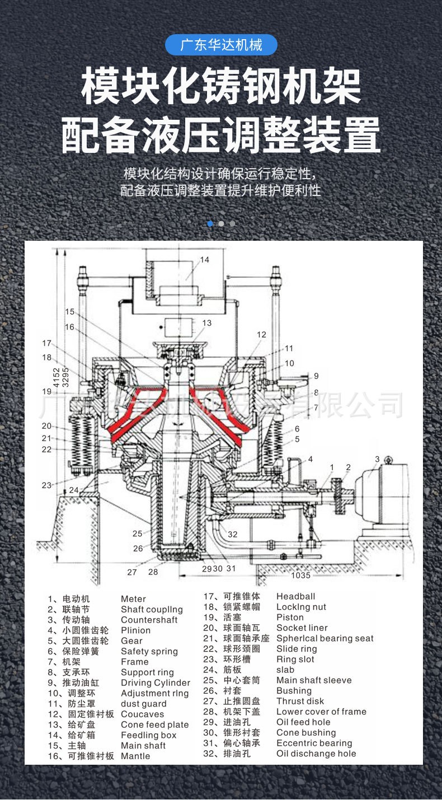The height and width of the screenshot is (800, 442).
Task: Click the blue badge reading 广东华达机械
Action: tap(221, 45)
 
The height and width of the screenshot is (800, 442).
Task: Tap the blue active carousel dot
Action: tap(210, 223)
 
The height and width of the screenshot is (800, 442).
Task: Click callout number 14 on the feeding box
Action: tap(205, 260)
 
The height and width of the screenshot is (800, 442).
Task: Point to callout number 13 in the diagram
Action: tap(207, 323)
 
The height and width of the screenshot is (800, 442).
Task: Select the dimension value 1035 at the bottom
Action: tap(300, 575)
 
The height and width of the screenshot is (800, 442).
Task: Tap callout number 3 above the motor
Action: tap(377, 460)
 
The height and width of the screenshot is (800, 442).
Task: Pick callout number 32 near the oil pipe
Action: tap(232, 534)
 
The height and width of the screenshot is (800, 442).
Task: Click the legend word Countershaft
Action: tap(149, 620)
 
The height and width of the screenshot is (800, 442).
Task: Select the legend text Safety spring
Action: tap(149, 651)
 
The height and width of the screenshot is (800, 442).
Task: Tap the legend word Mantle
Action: tap(135, 756)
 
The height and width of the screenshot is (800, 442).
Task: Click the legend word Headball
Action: tap(295, 597)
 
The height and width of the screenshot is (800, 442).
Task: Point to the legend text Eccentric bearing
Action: tap(314, 743)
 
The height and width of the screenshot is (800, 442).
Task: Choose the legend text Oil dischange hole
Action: tap(316, 754)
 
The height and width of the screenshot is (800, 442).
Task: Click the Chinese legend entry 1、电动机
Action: tap(68, 599)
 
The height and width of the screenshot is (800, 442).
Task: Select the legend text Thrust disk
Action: tap(300, 701)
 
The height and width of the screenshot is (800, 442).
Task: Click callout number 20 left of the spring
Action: tap(46, 426)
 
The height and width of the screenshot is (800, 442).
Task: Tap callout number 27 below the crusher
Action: tap(132, 572)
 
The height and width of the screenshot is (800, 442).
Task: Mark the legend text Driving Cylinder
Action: tap(155, 683)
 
